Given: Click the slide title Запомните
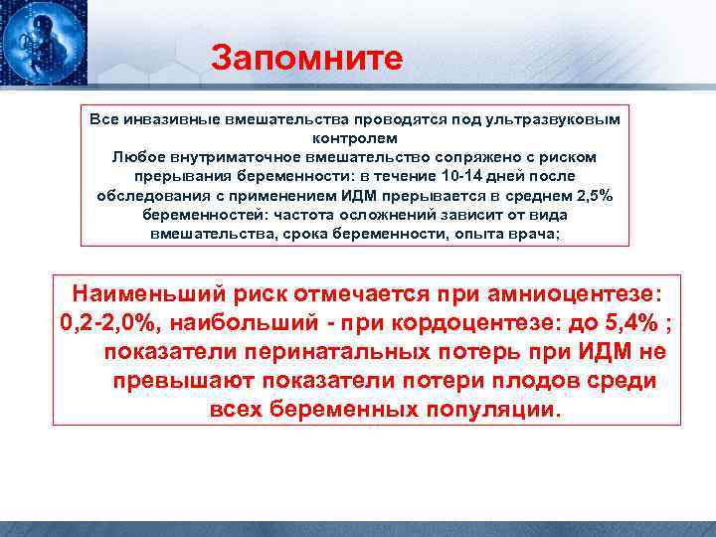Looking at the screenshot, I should click(x=306, y=57).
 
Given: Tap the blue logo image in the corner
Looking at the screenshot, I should click(x=43, y=43).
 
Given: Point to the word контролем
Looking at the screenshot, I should click(x=355, y=138).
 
